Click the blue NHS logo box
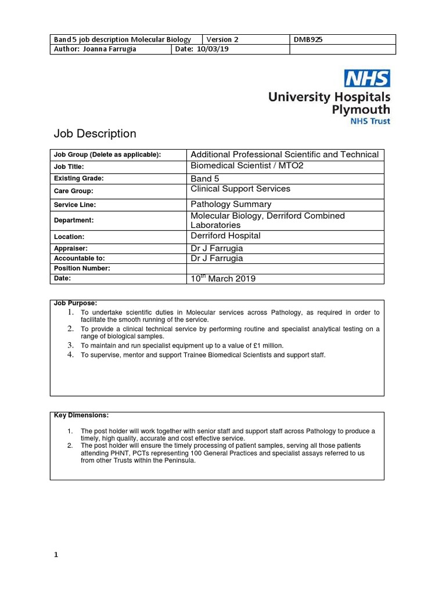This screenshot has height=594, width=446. [367, 78]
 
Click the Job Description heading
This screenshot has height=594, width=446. [95, 134]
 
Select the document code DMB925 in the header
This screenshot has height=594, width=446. [309, 39]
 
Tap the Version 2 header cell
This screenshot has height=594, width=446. [222, 39]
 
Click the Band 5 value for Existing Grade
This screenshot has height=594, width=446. [201, 179]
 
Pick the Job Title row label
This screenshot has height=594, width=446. [69, 167]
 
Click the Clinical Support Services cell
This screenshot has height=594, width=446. [240, 189]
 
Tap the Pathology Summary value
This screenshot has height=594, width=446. [231, 204]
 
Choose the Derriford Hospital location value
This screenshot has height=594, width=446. [225, 236]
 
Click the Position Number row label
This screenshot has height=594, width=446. [82, 269]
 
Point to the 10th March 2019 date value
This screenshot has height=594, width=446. [223, 278]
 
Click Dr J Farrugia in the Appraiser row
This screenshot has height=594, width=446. [217, 248]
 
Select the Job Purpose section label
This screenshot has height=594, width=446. [75, 303]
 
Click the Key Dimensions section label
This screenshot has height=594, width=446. [81, 415]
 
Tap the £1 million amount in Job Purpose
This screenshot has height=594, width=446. [248, 345]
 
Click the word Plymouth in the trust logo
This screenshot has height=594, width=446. [361, 110]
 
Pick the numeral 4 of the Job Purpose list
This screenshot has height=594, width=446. [70, 355]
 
